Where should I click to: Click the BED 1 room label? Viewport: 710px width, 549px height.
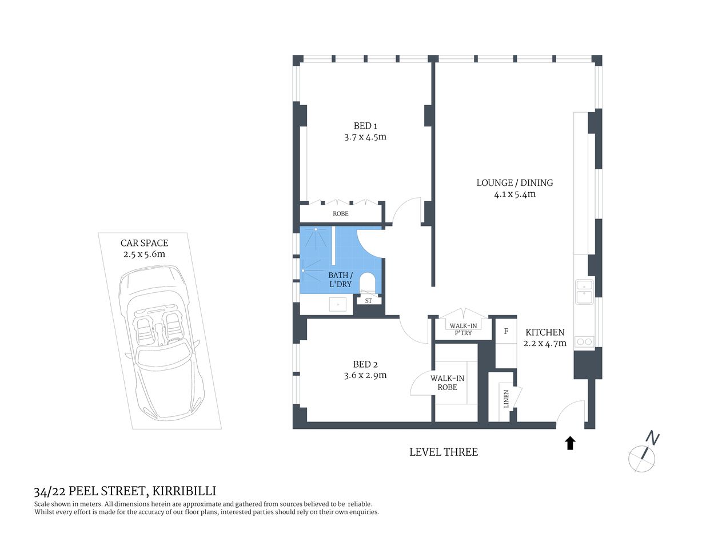[365, 126]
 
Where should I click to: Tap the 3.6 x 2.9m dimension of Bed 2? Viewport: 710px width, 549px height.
[365, 376]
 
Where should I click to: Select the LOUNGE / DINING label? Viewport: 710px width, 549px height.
[514, 183]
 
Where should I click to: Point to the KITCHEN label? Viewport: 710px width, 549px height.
[545, 332]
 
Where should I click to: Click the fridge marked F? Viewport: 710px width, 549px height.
[506, 332]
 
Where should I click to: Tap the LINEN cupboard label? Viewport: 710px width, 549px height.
[506, 399]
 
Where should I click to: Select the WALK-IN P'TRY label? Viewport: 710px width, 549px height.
[463, 329]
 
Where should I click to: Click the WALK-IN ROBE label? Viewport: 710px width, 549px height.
[447, 383]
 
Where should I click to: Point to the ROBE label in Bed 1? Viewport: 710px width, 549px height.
[340, 214]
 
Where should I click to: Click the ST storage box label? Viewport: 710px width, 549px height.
[368, 301]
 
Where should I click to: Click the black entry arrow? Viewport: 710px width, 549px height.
[570, 443]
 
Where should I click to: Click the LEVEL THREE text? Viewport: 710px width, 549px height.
[443, 452]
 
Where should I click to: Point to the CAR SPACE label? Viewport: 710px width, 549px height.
[144, 243]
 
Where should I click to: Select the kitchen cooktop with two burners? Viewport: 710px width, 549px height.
[584, 342]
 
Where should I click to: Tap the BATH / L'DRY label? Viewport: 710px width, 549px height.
[340, 280]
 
